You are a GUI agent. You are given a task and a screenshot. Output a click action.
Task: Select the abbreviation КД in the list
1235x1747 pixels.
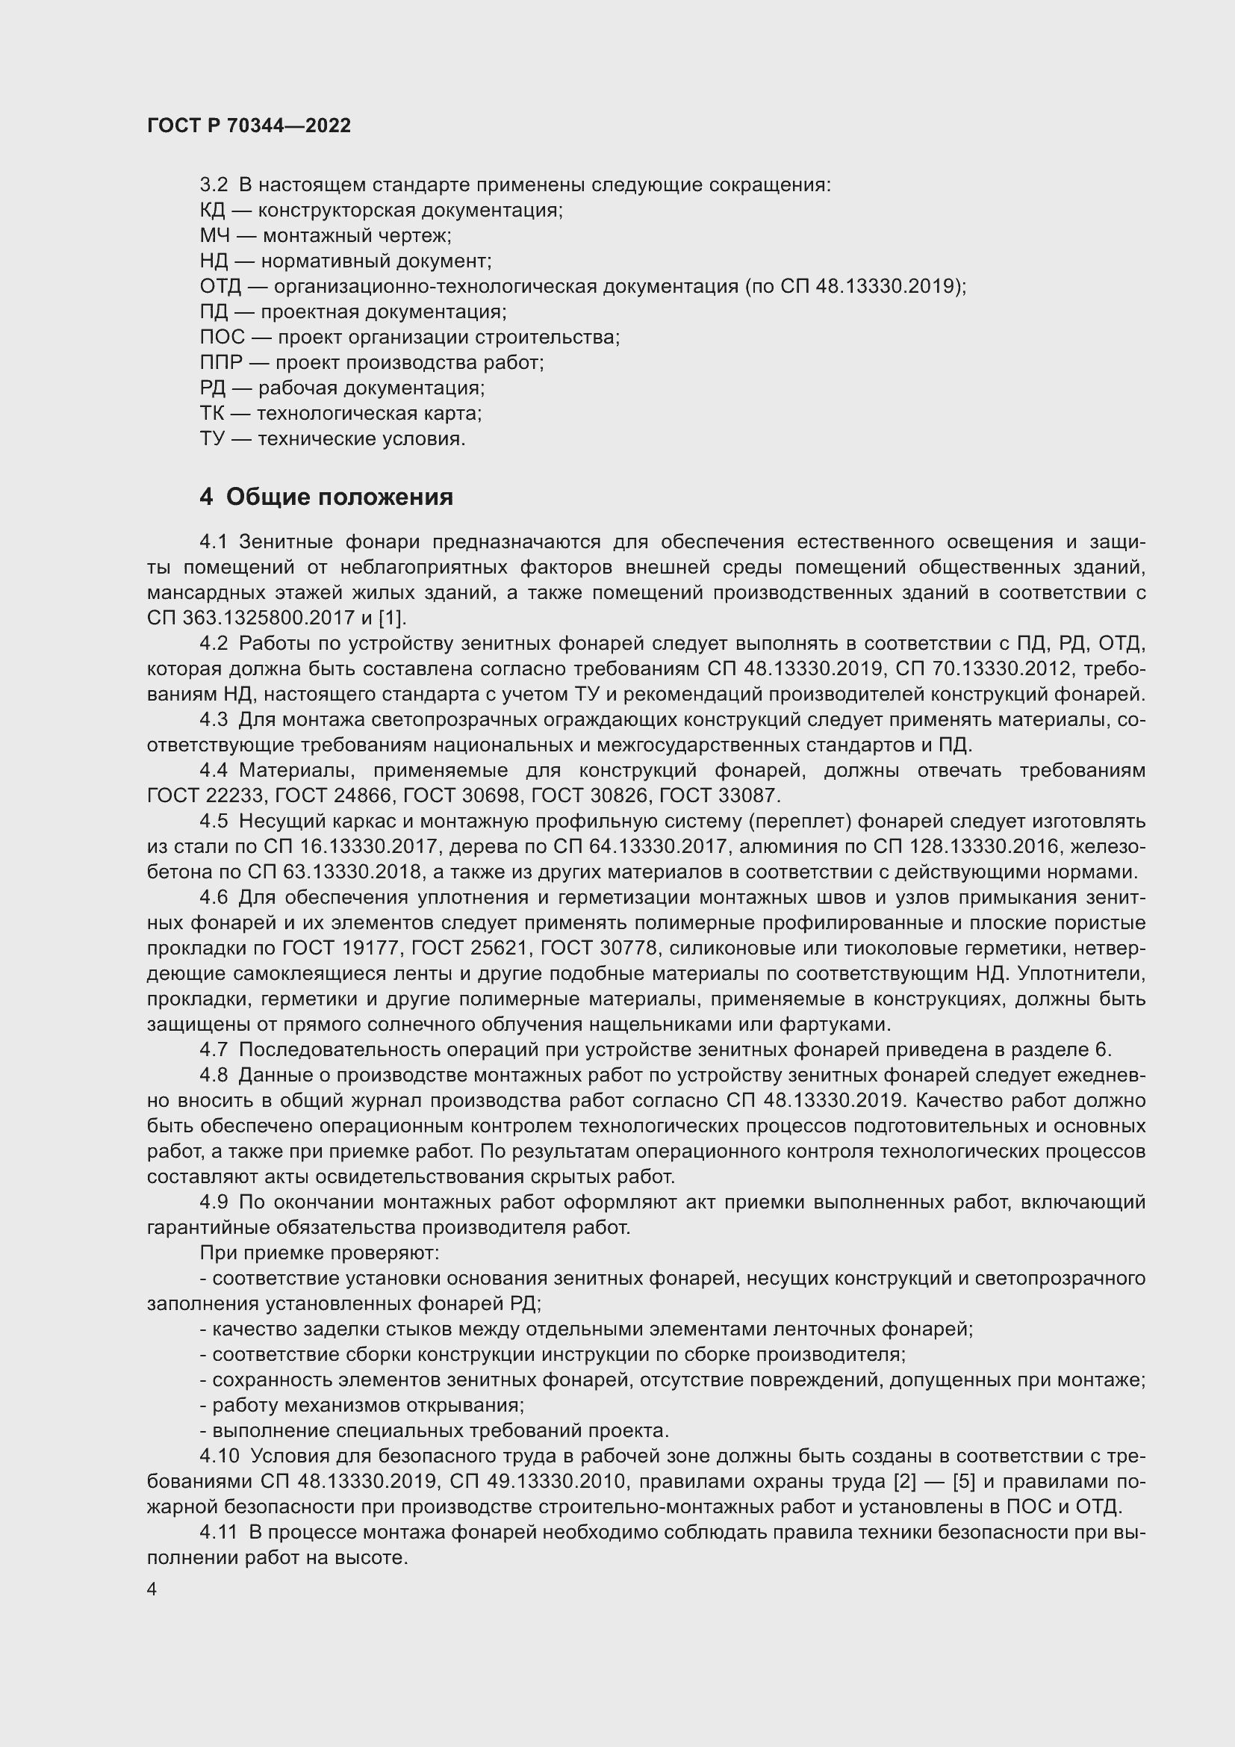213,211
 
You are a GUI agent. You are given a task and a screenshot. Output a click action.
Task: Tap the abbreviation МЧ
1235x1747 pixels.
214,236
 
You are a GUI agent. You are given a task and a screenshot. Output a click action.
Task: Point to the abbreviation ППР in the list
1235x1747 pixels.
221,363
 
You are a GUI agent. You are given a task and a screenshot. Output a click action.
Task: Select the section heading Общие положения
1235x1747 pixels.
339,497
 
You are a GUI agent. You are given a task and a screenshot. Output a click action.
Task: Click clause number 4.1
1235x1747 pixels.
214,542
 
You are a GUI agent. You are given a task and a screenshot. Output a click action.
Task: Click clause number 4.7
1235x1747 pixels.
214,1050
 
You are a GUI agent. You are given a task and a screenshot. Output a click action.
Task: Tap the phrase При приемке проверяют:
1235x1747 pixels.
320,1253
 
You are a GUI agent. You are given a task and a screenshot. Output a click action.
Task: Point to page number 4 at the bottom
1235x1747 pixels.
152,1589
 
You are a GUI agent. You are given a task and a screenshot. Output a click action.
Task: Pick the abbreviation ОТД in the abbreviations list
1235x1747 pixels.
220,287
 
